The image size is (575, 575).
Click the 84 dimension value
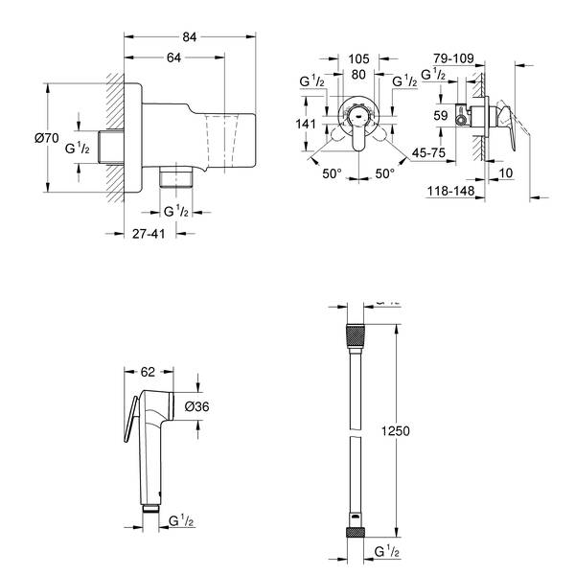pos(192,37)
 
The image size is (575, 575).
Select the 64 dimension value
pos(173,57)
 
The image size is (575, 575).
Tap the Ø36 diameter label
pos(196,406)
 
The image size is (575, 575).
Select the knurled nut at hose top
pos(354,336)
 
